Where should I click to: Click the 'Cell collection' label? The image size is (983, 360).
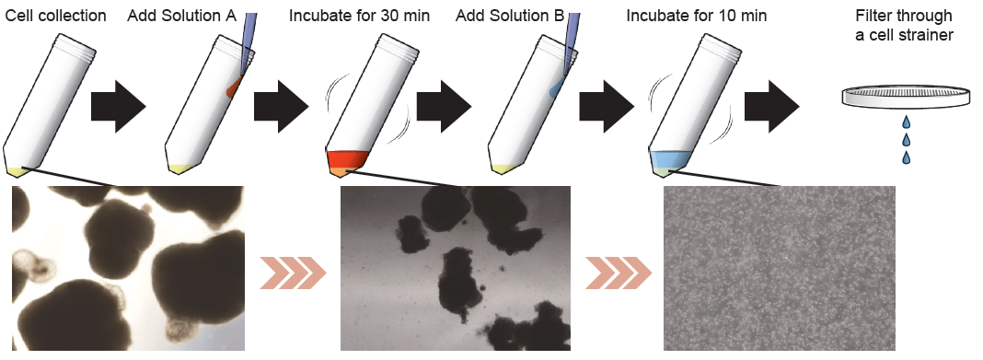coord(56,15)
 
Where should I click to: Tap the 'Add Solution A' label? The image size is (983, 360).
coord(182,15)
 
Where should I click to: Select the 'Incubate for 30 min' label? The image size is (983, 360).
coord(359,15)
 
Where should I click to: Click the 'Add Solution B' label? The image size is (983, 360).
coord(510,15)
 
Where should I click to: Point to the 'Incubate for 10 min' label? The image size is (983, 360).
coord(697,15)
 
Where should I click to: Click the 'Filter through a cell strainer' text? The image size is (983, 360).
coord(904,25)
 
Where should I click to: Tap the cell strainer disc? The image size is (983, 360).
coord(905,97)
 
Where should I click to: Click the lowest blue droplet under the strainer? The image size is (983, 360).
coord(906,157)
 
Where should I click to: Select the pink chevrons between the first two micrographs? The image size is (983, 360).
coord(293,273)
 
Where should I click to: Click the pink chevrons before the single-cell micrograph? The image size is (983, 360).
coord(619,273)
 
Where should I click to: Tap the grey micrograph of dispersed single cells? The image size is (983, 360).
coord(780,269)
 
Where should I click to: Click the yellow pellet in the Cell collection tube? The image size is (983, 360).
coord(15,170)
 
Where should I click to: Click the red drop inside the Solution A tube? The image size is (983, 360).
coord(235,87)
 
